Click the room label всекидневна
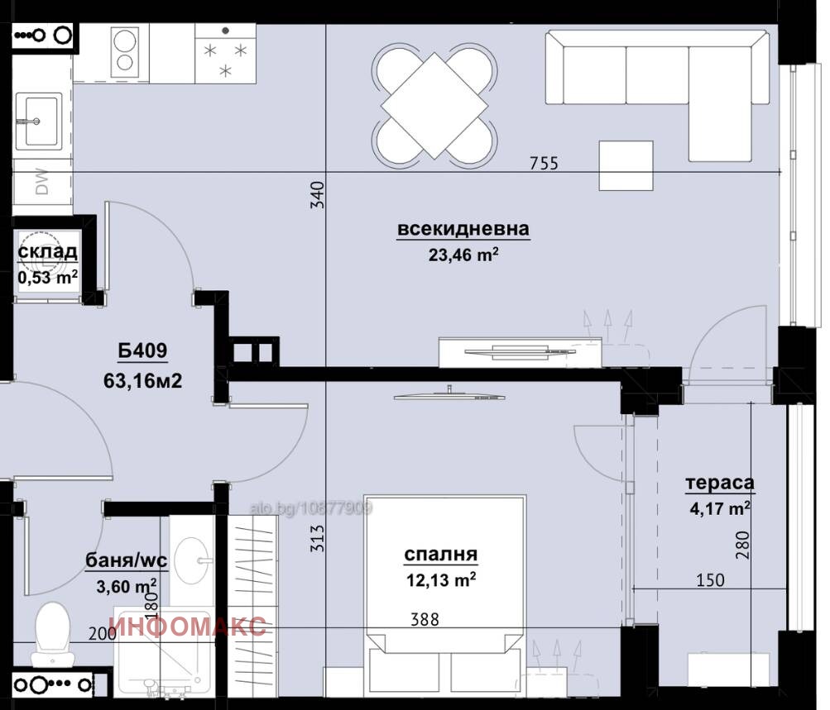(x=463, y=230)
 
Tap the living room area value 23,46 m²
(x=463, y=255)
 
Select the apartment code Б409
(x=142, y=351)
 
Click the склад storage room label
(x=48, y=252)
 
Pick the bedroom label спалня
(x=440, y=555)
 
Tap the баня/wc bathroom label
(x=127, y=562)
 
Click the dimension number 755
(x=545, y=164)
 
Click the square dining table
(x=434, y=106)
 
